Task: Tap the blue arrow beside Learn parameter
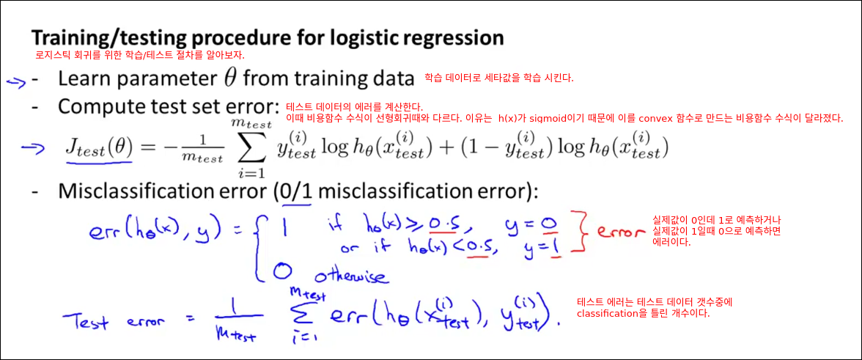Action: [x=16, y=81]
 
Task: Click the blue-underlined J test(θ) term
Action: [x=98, y=148]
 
